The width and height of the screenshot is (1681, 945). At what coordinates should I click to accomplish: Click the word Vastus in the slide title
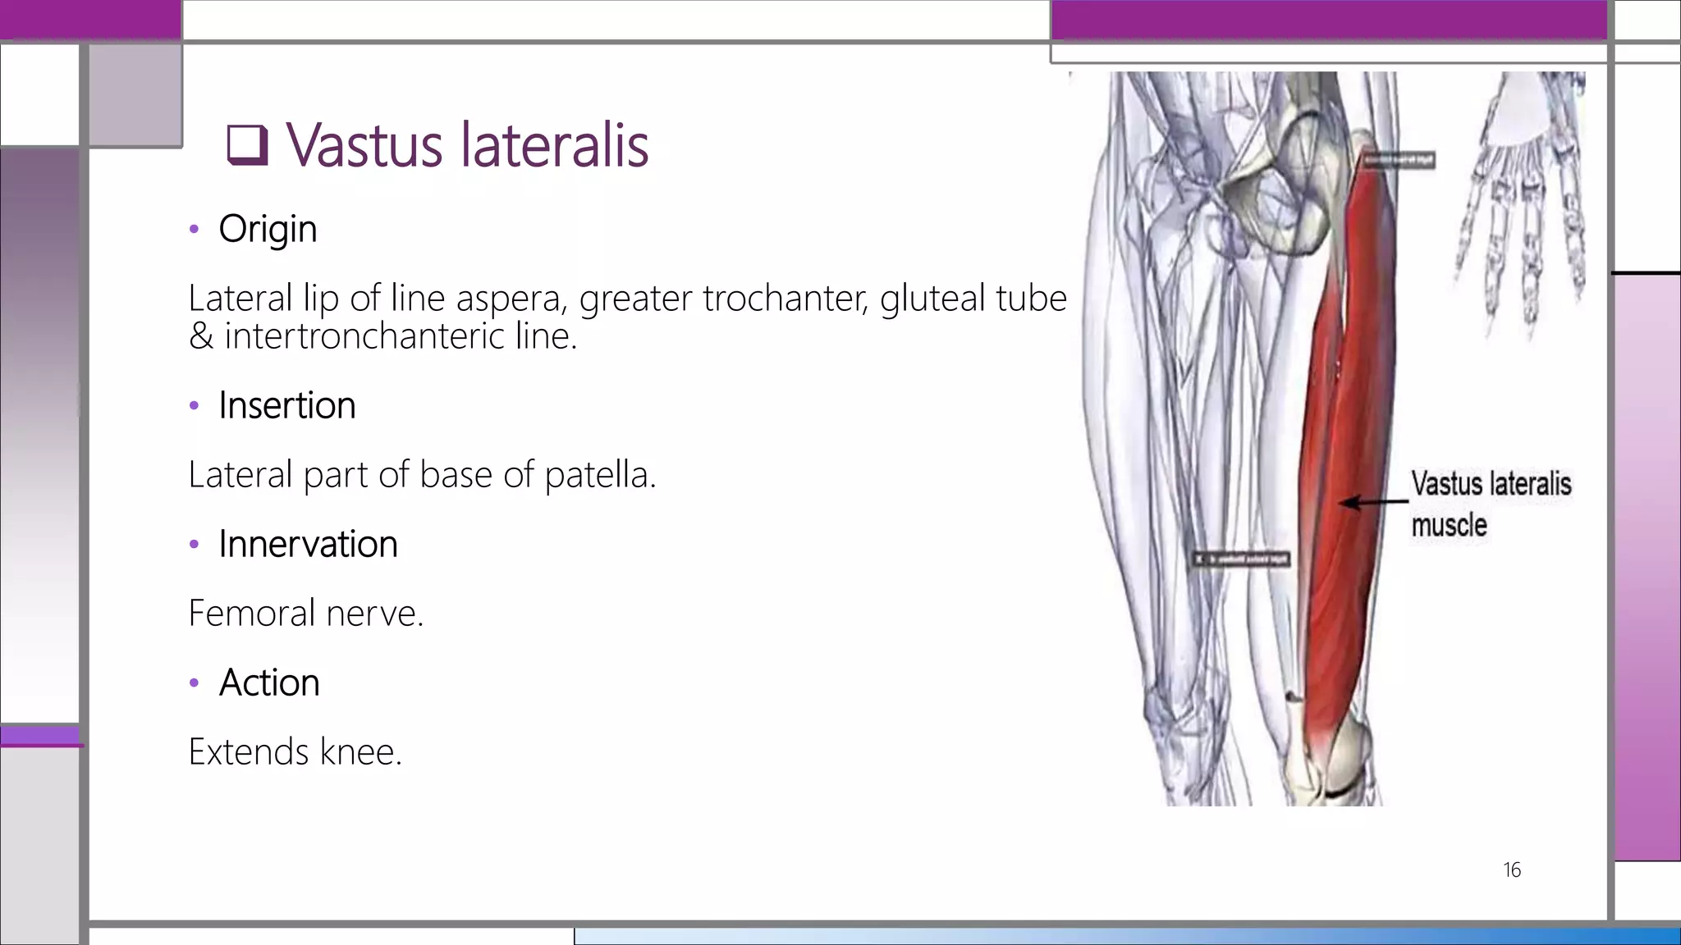tap(364, 145)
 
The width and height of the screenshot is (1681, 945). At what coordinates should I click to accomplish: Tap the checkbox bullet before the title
tap(247, 145)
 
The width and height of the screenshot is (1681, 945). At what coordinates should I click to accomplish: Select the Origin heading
tap(268, 229)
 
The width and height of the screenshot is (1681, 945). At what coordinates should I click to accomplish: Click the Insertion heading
tap(286, 405)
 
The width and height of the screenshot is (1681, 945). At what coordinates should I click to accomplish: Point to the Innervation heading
tap(308, 544)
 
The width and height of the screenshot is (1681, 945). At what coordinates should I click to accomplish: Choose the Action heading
tap(269, 682)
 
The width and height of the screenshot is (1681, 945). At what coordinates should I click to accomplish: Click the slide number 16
tap(1512, 870)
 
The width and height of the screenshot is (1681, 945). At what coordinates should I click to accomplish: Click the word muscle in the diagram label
tap(1449, 525)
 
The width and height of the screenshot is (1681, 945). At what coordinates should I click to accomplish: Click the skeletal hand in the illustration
tap(1518, 205)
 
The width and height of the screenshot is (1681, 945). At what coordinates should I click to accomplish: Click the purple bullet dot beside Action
tap(194, 682)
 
